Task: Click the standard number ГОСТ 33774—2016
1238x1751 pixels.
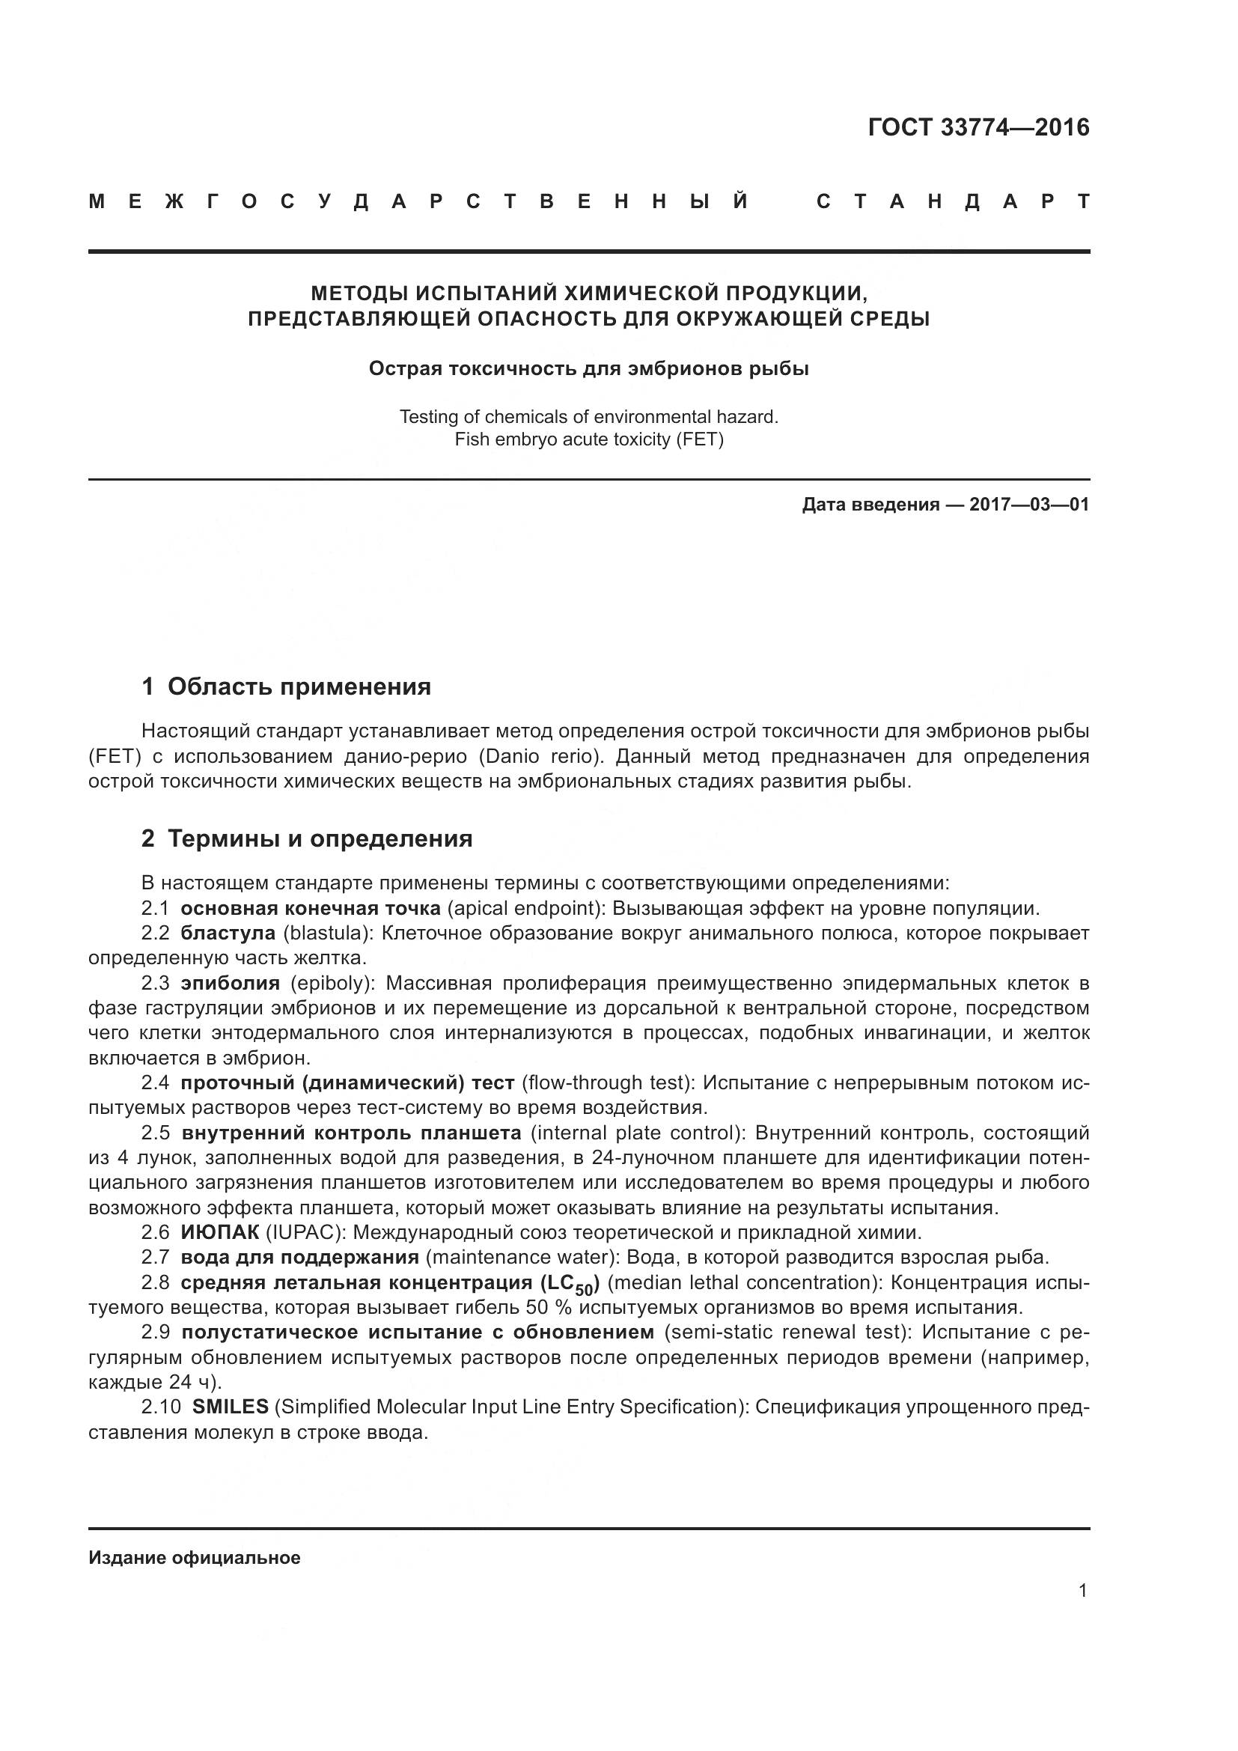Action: pos(978,127)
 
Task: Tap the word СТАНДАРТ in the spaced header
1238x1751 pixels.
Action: pos(952,202)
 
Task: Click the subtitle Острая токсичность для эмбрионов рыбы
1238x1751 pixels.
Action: pos(588,369)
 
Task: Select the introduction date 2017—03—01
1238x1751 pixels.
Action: pos(1029,505)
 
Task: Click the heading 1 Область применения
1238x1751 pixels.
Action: pos(287,687)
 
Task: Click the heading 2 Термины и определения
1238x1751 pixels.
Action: pos(307,839)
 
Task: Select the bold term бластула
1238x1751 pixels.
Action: pos(228,934)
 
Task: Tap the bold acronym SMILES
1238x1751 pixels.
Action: pos(231,1407)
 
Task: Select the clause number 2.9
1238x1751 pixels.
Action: pos(155,1333)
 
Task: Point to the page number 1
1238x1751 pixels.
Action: pos(1082,1591)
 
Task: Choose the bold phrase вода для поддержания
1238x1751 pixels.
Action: pos(299,1257)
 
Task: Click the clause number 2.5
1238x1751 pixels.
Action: pos(155,1133)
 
